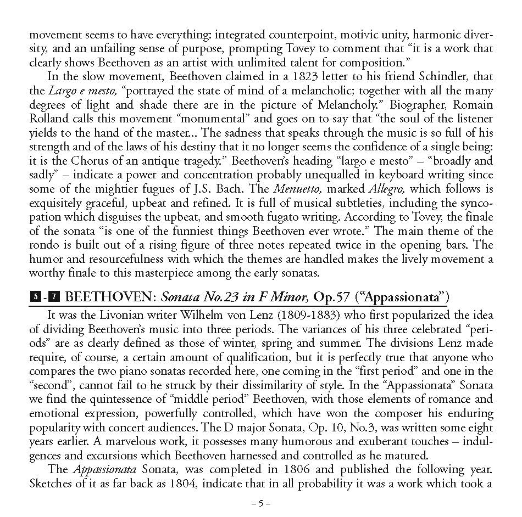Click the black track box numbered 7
[54, 297]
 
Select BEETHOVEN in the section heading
[109, 297]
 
